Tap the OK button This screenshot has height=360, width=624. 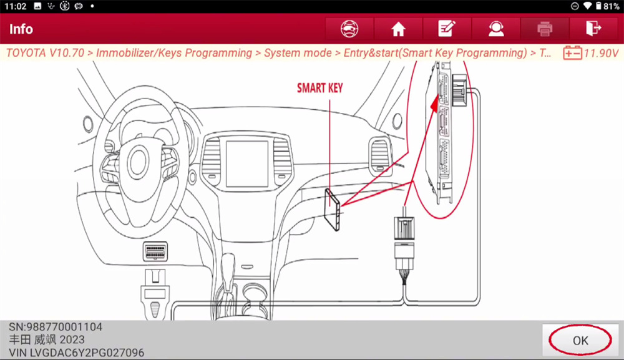click(580, 340)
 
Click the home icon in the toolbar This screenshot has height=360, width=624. click(398, 29)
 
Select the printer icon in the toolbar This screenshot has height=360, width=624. click(544, 29)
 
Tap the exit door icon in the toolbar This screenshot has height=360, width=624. click(593, 29)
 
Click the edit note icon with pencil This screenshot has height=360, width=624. click(447, 29)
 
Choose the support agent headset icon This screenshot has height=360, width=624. click(496, 29)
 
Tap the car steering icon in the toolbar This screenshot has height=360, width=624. click(349, 29)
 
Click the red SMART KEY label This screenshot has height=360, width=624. click(320, 88)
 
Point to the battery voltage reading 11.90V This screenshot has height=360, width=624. click(602, 53)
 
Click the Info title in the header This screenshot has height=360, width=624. click(21, 29)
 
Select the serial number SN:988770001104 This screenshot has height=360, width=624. click(56, 327)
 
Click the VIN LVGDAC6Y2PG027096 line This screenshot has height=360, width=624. click(76, 353)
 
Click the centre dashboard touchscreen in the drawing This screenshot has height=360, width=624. click(247, 163)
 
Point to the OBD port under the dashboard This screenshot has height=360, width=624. click(155, 251)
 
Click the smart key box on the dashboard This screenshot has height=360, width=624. click(332, 210)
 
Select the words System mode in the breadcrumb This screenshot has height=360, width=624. click(298, 53)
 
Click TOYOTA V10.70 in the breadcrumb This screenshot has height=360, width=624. click(46, 53)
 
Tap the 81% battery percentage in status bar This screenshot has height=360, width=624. click(612, 6)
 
